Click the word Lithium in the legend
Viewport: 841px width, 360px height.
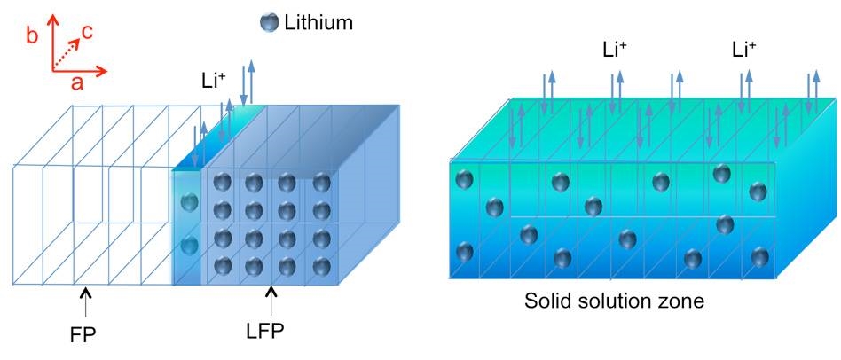point(318,22)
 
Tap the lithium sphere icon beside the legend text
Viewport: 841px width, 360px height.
point(269,22)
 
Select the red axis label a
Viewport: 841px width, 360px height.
point(78,82)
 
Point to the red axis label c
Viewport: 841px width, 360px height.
point(87,33)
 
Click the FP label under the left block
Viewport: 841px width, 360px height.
point(83,334)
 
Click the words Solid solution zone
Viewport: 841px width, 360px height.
point(614,301)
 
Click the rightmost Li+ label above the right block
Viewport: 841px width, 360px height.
point(744,51)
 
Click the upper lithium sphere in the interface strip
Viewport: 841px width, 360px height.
point(189,202)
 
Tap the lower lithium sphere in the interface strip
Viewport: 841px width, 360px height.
point(189,247)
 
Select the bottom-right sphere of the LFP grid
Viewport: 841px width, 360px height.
point(321,266)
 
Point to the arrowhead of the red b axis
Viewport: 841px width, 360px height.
point(52,20)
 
